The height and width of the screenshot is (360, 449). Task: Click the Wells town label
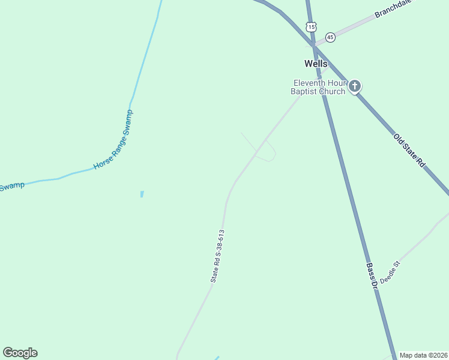coord(316,64)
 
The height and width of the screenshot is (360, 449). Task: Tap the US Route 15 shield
coord(310,26)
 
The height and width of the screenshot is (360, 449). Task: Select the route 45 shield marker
coord(330,37)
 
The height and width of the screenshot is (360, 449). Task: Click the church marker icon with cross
coord(355,86)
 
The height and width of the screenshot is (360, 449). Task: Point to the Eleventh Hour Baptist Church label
coord(318,87)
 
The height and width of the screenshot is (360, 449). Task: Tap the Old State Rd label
coord(409,150)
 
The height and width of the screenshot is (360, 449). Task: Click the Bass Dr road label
coord(372,273)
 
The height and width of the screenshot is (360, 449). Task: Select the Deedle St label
coord(390,272)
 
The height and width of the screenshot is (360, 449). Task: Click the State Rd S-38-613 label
coord(217,256)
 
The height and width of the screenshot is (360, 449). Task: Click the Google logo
coord(20,353)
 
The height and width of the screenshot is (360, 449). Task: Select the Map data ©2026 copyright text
coord(423,355)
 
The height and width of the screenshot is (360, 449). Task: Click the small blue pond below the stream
coord(142,194)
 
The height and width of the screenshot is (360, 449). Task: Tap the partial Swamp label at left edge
coord(12,187)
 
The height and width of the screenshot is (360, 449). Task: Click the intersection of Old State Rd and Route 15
coord(312,44)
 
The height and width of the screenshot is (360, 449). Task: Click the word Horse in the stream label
coord(102,163)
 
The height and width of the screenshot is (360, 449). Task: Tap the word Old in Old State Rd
coord(398,139)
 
